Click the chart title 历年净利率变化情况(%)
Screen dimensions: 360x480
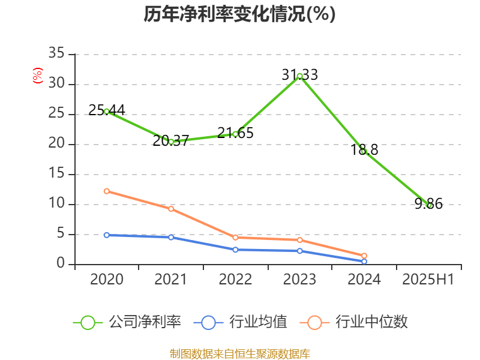(239, 14)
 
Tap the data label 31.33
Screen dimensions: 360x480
(299, 75)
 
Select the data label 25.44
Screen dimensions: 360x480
(106, 110)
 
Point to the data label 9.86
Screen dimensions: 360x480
(428, 204)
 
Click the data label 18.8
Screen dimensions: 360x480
(364, 150)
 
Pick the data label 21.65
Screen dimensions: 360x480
(235, 133)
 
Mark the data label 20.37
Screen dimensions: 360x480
(171, 141)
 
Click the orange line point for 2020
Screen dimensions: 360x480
(107, 191)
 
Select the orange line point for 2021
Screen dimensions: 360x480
(171, 209)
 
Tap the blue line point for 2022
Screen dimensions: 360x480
(235, 250)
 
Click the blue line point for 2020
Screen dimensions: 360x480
(107, 235)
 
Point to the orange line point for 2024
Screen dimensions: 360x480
(364, 256)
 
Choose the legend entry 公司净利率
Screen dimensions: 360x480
(127, 322)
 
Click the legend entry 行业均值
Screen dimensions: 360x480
(241, 322)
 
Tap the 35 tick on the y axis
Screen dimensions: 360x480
(56, 54)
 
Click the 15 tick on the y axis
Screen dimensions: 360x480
(56, 174)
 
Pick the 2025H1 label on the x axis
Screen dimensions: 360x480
(428, 279)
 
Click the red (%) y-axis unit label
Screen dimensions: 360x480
(37, 75)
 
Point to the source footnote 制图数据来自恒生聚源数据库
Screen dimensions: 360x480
(239, 353)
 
